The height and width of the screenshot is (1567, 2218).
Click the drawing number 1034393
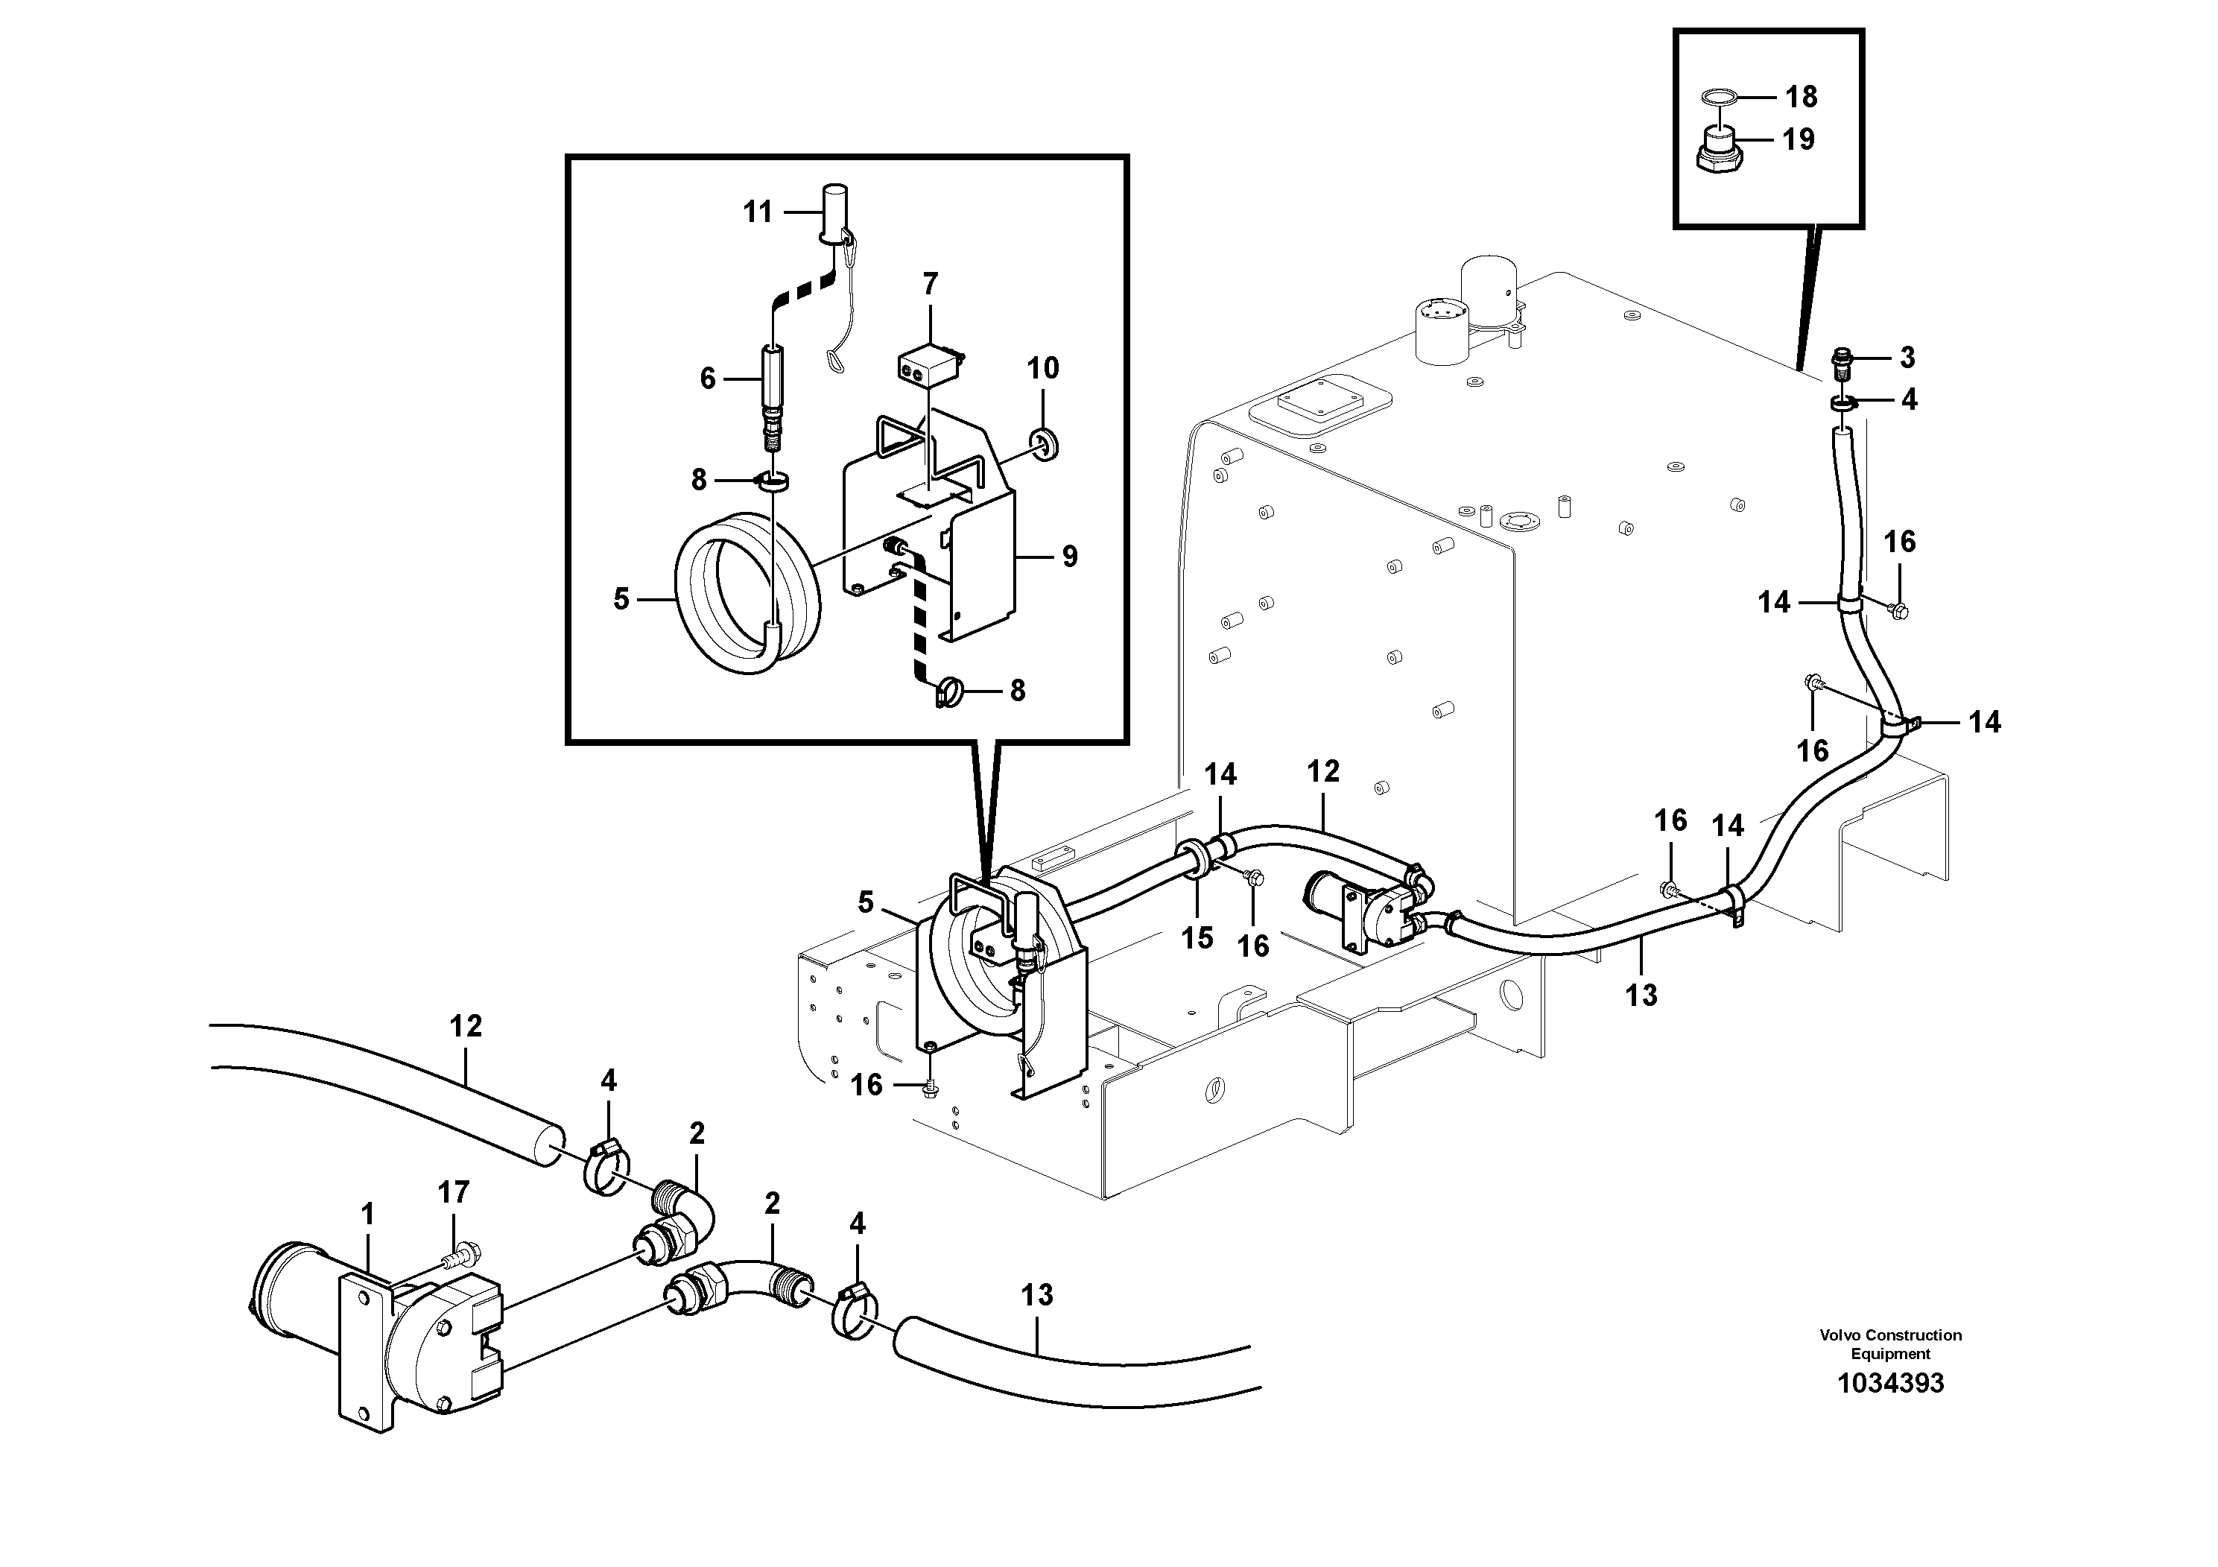click(x=1889, y=1384)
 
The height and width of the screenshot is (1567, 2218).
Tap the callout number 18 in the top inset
click(x=1801, y=97)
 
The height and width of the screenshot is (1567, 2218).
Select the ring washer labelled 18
click(x=1719, y=97)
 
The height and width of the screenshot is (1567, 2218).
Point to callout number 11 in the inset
click(x=758, y=212)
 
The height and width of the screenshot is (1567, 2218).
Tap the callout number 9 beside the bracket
click(x=1069, y=557)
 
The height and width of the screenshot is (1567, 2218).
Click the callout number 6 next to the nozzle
click(x=708, y=379)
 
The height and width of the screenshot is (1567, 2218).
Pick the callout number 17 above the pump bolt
click(x=453, y=1192)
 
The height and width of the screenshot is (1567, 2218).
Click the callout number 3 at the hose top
click(x=1907, y=358)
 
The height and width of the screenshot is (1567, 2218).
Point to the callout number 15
click(x=1197, y=937)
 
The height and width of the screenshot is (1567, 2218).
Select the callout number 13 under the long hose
click(x=1641, y=994)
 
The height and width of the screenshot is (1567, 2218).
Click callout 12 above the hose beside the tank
click(x=1322, y=771)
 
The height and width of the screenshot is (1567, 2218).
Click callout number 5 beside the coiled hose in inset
click(x=621, y=599)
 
